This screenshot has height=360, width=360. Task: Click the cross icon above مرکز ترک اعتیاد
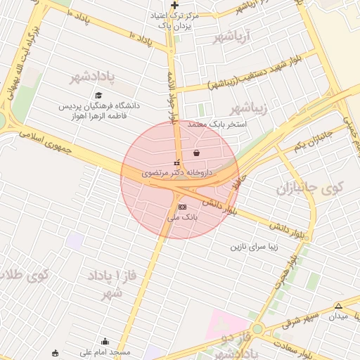(174, 5)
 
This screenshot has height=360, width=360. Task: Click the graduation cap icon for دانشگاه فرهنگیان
(98, 95)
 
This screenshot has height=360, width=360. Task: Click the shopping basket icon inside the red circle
(195, 153)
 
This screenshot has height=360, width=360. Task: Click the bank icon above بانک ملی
(183, 207)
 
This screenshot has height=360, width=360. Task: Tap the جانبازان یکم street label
(311, 141)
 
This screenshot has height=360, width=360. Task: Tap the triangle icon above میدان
(339, 306)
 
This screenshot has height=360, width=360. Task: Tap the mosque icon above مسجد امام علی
(105, 342)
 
